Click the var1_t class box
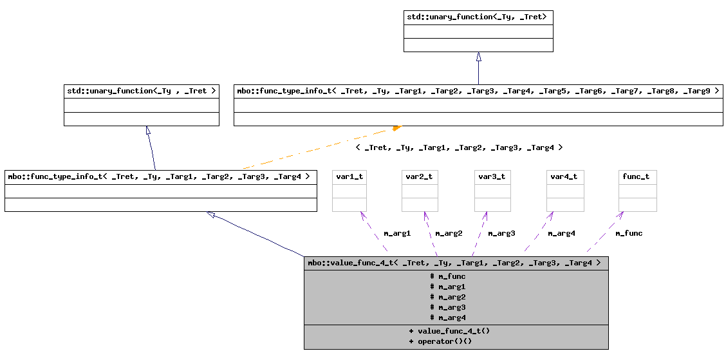click(x=349, y=191)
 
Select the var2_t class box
click(x=420, y=191)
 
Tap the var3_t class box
click(x=492, y=191)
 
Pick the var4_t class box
click(x=565, y=191)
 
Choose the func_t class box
click(x=638, y=191)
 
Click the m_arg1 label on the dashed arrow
click(x=397, y=233)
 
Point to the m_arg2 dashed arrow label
click(x=449, y=233)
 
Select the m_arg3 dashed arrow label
click(x=501, y=233)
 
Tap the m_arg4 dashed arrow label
click(x=561, y=233)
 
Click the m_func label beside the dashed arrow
click(x=629, y=233)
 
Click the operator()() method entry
click(x=440, y=341)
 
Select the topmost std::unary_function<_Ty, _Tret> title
click(x=478, y=17)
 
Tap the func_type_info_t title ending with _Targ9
click(x=478, y=91)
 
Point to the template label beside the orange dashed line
click(x=459, y=147)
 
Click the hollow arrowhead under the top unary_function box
click(x=478, y=57)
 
